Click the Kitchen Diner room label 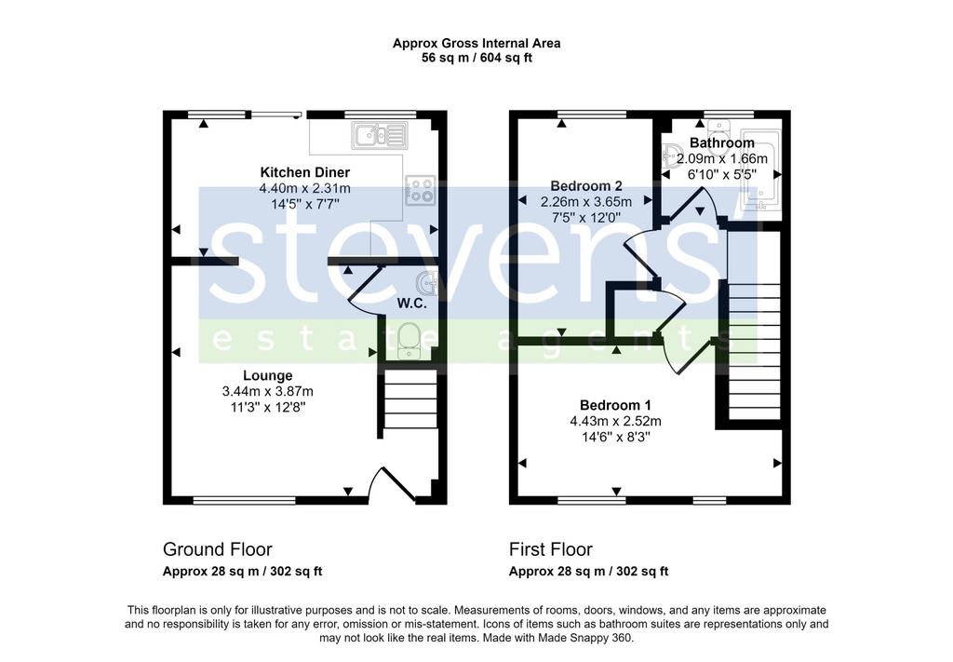click(305, 172)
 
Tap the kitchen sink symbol click(380, 135)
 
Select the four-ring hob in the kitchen click(421, 190)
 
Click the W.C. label click(412, 304)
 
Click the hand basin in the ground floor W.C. click(428, 283)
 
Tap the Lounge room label click(268, 375)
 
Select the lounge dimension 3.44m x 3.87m click(268, 391)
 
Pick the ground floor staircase click(410, 399)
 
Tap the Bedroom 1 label click(616, 405)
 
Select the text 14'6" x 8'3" click(616, 437)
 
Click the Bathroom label click(722, 142)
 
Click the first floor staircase click(754, 352)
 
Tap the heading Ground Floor click(218, 549)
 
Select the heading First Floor click(551, 549)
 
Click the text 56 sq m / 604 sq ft click(476, 59)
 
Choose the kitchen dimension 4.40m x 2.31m click(305, 188)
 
